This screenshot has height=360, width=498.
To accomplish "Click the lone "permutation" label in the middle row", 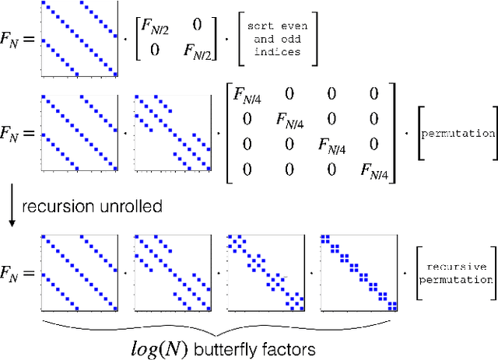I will [x=458, y=133].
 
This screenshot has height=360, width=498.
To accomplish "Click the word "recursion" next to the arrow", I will [x=51, y=206].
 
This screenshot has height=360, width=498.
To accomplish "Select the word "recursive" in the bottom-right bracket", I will [x=458, y=266].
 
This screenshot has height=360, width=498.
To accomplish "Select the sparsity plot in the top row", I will [x=79, y=40].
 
